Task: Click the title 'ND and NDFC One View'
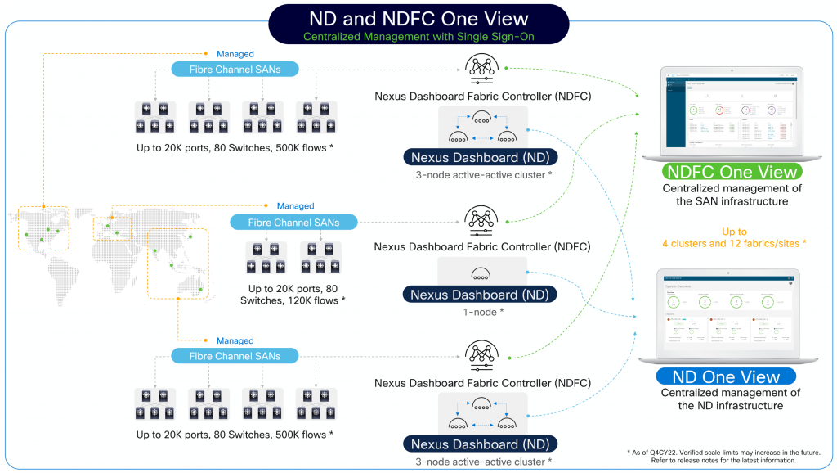pos(418,18)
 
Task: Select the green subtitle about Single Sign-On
pos(418,37)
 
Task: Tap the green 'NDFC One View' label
pos(732,172)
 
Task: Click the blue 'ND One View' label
pos(726,376)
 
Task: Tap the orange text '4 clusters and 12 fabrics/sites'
pos(734,243)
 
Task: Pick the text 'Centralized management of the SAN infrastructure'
pos(732,195)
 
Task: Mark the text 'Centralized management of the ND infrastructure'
pos(726,399)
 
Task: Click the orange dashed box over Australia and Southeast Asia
pos(178,262)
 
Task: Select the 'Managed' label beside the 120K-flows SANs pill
pos(295,206)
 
